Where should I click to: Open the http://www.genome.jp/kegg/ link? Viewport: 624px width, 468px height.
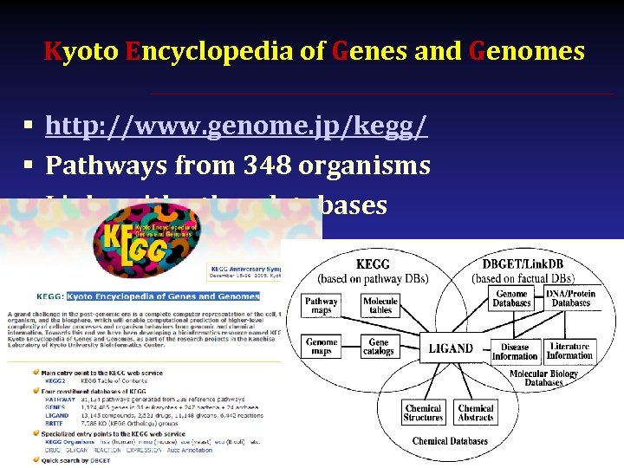coord(236,127)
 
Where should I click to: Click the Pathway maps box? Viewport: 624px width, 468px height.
coord(321,306)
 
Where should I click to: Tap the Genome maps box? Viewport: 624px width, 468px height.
coord(322,346)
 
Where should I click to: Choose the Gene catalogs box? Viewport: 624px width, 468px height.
coord(379,347)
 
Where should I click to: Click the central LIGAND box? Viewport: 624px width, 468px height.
coord(451,348)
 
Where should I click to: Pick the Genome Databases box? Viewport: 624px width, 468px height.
coord(511,298)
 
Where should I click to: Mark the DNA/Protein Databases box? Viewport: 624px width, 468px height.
coord(571,298)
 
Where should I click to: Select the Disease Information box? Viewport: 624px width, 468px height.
coord(515,351)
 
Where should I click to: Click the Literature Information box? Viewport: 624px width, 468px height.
coord(569,351)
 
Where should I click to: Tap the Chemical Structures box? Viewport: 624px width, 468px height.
coord(423,413)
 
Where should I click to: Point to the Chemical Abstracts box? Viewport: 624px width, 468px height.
coord(476,413)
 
